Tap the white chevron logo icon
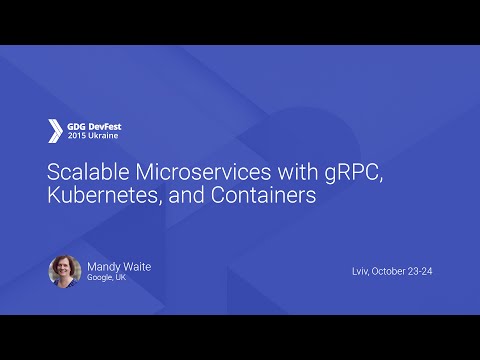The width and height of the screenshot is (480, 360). pyautogui.click(x=55, y=131)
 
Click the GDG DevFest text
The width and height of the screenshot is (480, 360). pyautogui.click(x=94, y=126)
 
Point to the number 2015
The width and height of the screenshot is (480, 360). pyautogui.click(x=77, y=136)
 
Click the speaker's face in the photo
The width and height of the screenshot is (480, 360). pyautogui.click(x=65, y=268)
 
